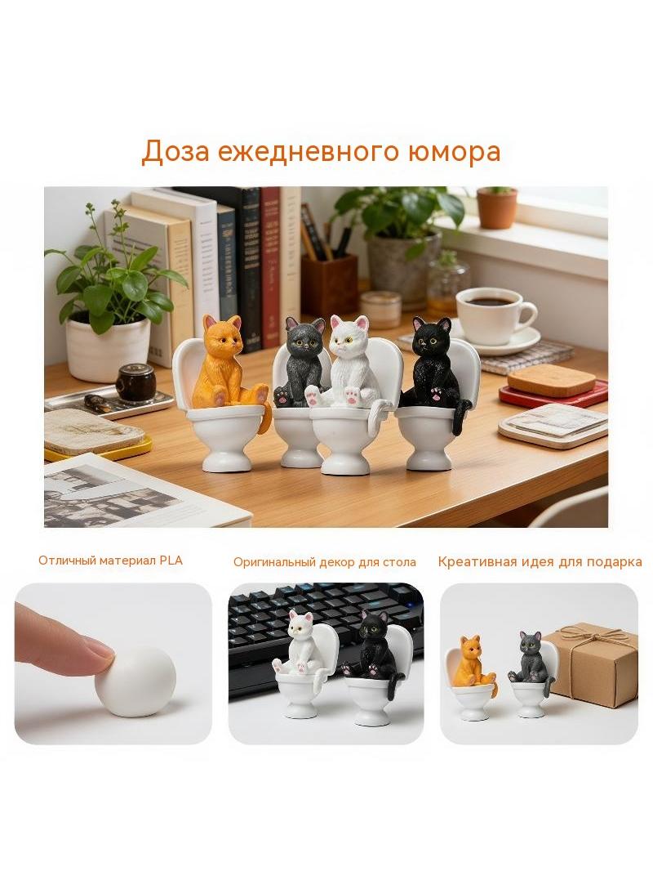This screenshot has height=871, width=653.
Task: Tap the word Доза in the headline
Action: (175, 152)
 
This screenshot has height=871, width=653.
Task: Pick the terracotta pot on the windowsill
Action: (496, 208)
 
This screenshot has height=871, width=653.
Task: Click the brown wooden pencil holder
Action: (330, 285)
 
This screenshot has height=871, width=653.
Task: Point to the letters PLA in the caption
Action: (171, 560)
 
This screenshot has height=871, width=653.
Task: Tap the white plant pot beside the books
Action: (109, 348)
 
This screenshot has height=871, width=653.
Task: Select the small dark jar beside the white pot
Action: (134, 382)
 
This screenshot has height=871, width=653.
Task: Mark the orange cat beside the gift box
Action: (474, 663)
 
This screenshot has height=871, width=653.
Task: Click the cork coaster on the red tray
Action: (552, 379)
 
